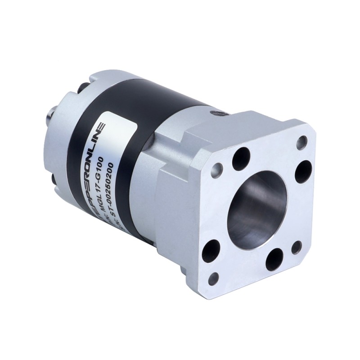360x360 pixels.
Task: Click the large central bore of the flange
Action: coord(256,210)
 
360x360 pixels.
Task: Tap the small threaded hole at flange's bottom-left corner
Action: coord(213,278)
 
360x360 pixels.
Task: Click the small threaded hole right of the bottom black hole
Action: coord(297,247)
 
